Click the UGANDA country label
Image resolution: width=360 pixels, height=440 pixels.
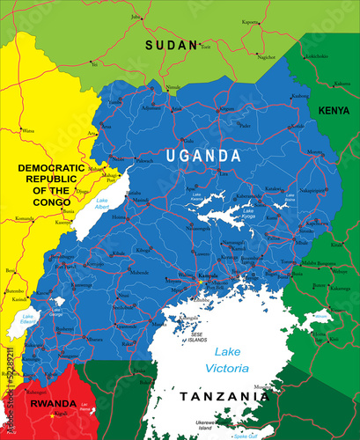[x=203, y=155]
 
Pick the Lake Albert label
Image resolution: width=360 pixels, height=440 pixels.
[x=104, y=205]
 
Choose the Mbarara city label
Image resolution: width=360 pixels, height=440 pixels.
[x=92, y=337]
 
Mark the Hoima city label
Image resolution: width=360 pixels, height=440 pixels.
[x=120, y=216]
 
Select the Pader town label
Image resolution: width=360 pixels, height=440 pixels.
[x=228, y=109]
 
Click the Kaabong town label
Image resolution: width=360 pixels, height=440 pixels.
[x=299, y=95]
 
